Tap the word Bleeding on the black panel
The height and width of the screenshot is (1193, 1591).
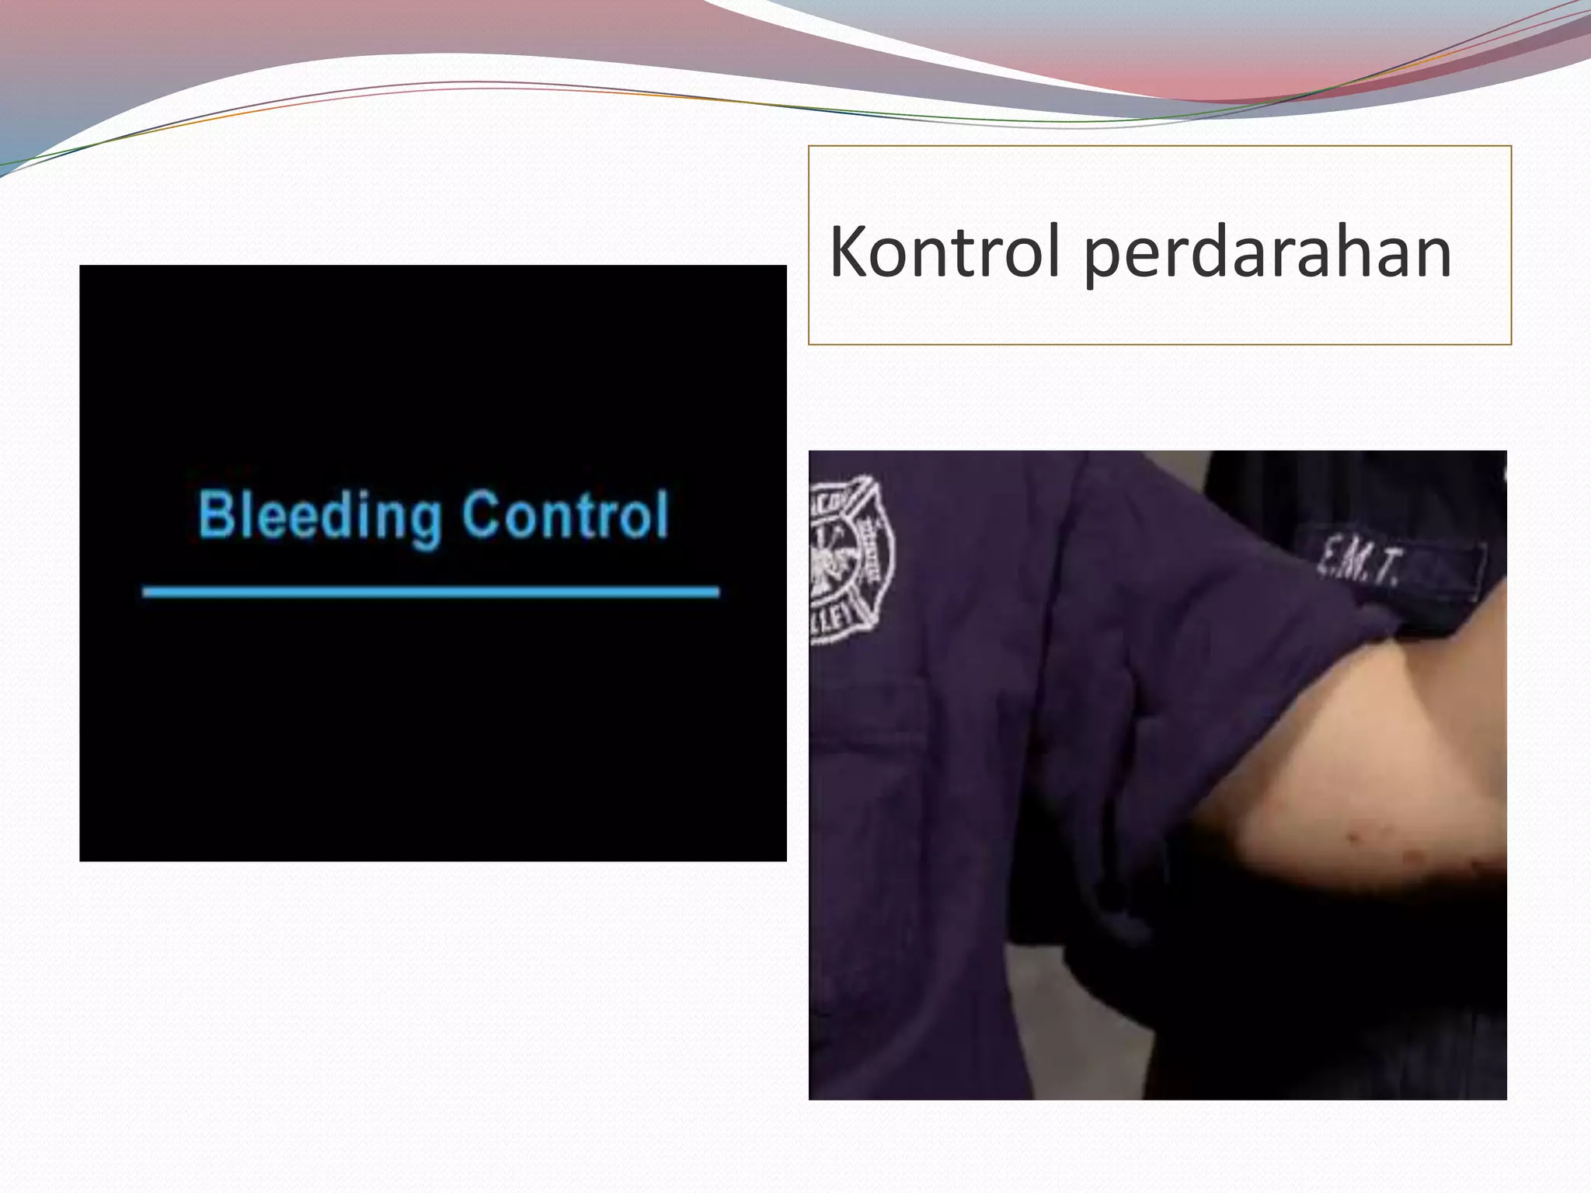319,516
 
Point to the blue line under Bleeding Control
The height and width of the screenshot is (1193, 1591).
431,592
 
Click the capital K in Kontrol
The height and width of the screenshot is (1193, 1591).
848,252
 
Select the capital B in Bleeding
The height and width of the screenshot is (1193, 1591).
215,514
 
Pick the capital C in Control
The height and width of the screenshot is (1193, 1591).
481,514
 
